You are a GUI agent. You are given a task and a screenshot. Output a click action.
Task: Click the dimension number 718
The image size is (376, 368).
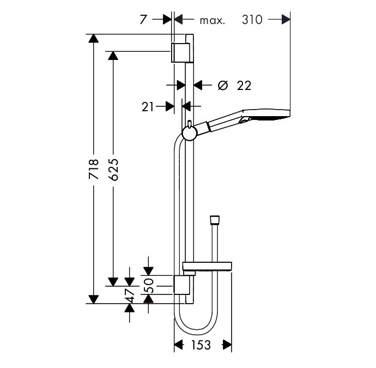tap(94, 169)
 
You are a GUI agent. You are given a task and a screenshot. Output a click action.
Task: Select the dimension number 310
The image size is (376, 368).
tap(252, 20)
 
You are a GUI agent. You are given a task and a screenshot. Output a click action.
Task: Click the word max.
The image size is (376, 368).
tap(213, 21)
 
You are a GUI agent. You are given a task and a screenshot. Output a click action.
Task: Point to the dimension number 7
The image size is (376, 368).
tap(143, 20)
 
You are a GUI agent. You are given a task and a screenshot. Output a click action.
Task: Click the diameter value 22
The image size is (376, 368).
tap(244, 85)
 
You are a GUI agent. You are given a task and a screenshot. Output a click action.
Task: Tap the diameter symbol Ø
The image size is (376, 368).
tap(222, 85)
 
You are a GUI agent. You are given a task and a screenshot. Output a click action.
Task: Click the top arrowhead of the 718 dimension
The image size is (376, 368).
tap(94, 39)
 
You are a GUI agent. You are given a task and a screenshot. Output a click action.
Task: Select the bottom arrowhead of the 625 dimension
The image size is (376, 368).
tap(113, 281)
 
